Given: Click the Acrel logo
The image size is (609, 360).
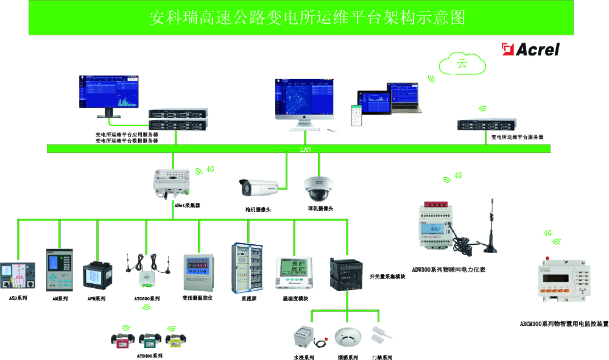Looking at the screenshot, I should click(x=530, y=49).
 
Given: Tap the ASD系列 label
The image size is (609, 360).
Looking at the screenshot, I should click(x=18, y=299).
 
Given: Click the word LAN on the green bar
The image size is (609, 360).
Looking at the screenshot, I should click(x=305, y=149).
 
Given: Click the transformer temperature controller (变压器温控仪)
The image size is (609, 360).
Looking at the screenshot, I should click(x=199, y=272).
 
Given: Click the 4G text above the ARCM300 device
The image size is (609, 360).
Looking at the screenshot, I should click(x=547, y=233).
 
